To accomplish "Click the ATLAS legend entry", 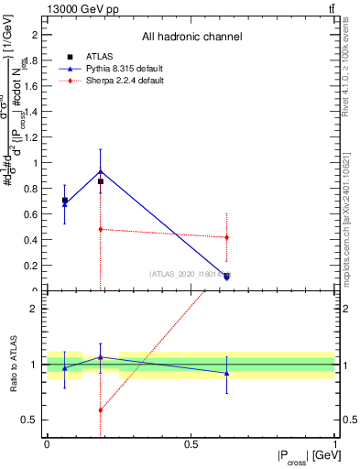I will click(x=101, y=56).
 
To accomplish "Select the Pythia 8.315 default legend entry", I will click(x=121, y=69).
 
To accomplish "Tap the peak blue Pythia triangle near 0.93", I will click(x=101, y=171).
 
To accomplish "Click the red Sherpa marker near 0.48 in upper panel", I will click(x=101, y=229).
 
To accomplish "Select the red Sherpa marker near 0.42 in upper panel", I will click(x=226, y=237).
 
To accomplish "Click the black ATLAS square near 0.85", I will click(x=101, y=181).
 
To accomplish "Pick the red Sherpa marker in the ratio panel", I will click(x=101, y=410).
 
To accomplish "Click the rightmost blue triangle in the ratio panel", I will click(x=226, y=373).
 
